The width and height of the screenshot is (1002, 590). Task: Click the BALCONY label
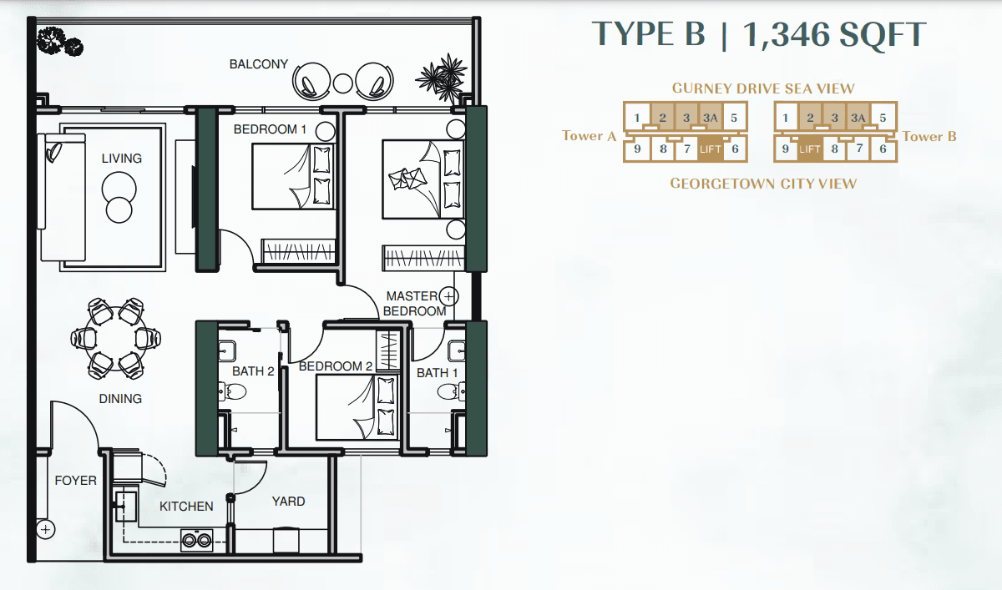(x=259, y=64)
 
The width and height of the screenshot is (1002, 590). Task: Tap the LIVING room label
(x=122, y=159)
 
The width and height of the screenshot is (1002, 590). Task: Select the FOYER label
(x=76, y=481)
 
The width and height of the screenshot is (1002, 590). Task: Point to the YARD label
(x=289, y=502)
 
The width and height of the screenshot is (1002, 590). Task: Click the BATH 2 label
(x=253, y=371)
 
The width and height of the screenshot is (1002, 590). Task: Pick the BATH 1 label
(x=437, y=373)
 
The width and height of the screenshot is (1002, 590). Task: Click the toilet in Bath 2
(x=232, y=392)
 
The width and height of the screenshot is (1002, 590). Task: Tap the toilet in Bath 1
(x=451, y=392)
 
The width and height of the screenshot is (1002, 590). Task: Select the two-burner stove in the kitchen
(x=197, y=540)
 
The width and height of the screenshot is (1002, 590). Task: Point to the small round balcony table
(x=342, y=83)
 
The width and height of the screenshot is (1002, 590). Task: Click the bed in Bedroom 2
(x=357, y=407)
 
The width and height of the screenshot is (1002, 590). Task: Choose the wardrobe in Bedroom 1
(x=298, y=251)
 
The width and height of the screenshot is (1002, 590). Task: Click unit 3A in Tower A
(x=711, y=118)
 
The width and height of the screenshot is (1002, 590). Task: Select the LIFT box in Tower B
(x=810, y=149)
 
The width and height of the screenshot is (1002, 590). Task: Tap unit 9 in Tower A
(x=637, y=149)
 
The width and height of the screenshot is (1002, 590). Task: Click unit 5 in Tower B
(x=883, y=118)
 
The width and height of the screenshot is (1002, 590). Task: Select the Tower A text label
(x=590, y=135)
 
